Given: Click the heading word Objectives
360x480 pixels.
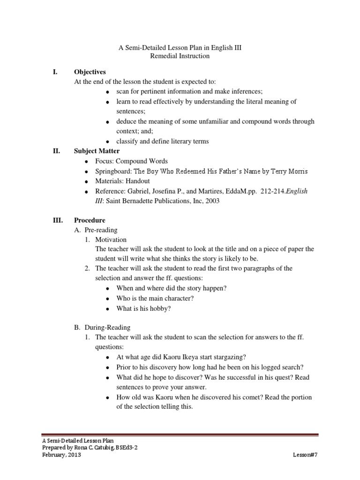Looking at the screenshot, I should (90, 72).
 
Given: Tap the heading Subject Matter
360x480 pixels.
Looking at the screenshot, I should (97, 151).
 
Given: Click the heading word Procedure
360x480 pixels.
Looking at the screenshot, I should (90, 220).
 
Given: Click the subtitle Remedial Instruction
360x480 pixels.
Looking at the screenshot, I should (173, 56).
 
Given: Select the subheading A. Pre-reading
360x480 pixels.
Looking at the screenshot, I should (96, 230).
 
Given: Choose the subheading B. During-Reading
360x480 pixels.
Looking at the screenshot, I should (103, 327).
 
